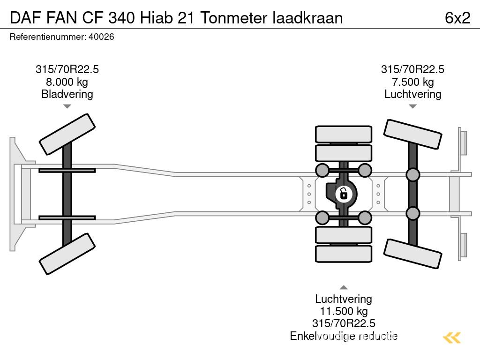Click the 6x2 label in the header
[457, 17]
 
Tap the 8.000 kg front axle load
[67, 82]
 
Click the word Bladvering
[67, 94]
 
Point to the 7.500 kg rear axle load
[412, 82]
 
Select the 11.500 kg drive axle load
[344, 311]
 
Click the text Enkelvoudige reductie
[344, 336]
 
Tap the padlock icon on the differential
[344, 193]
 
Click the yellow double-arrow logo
[452, 337]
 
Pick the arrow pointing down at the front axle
[67, 106]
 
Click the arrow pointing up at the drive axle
[344, 287]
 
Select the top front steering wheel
[67, 134]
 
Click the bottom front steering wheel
[67, 254]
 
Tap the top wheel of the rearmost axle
[412, 135]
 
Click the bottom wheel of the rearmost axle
[412, 253]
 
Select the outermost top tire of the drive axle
[344, 134]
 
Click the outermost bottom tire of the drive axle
[344, 254]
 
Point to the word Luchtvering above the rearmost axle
[412, 94]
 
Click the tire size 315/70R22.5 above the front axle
[67, 69]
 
